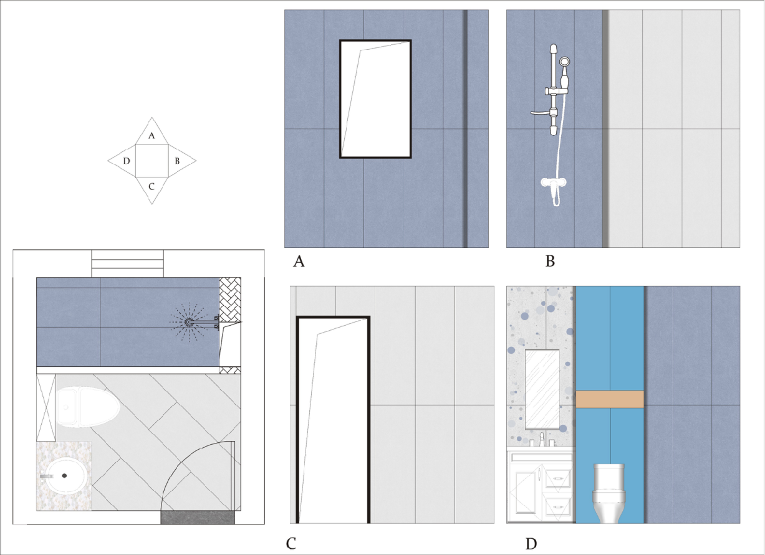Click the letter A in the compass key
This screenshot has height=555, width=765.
[152, 136]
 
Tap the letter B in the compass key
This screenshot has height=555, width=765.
[177, 161]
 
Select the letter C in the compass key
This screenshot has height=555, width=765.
[152, 187]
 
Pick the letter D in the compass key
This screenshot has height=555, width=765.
[127, 161]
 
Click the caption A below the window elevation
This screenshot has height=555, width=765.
[299, 262]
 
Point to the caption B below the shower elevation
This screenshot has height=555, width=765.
[550, 261]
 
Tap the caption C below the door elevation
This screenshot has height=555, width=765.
[291, 544]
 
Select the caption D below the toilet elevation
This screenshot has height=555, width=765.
[531, 544]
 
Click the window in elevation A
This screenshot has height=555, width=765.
[375, 99]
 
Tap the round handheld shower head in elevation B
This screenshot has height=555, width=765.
[564, 62]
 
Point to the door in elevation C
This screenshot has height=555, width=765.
[333, 420]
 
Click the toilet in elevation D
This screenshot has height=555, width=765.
[609, 493]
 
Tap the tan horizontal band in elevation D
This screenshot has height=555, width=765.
[610, 399]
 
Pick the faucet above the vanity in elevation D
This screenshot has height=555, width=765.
[542, 439]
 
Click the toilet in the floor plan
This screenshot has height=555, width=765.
[88, 407]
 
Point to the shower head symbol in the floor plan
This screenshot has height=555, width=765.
[188, 321]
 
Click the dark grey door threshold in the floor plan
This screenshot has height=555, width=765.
[198, 517]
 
